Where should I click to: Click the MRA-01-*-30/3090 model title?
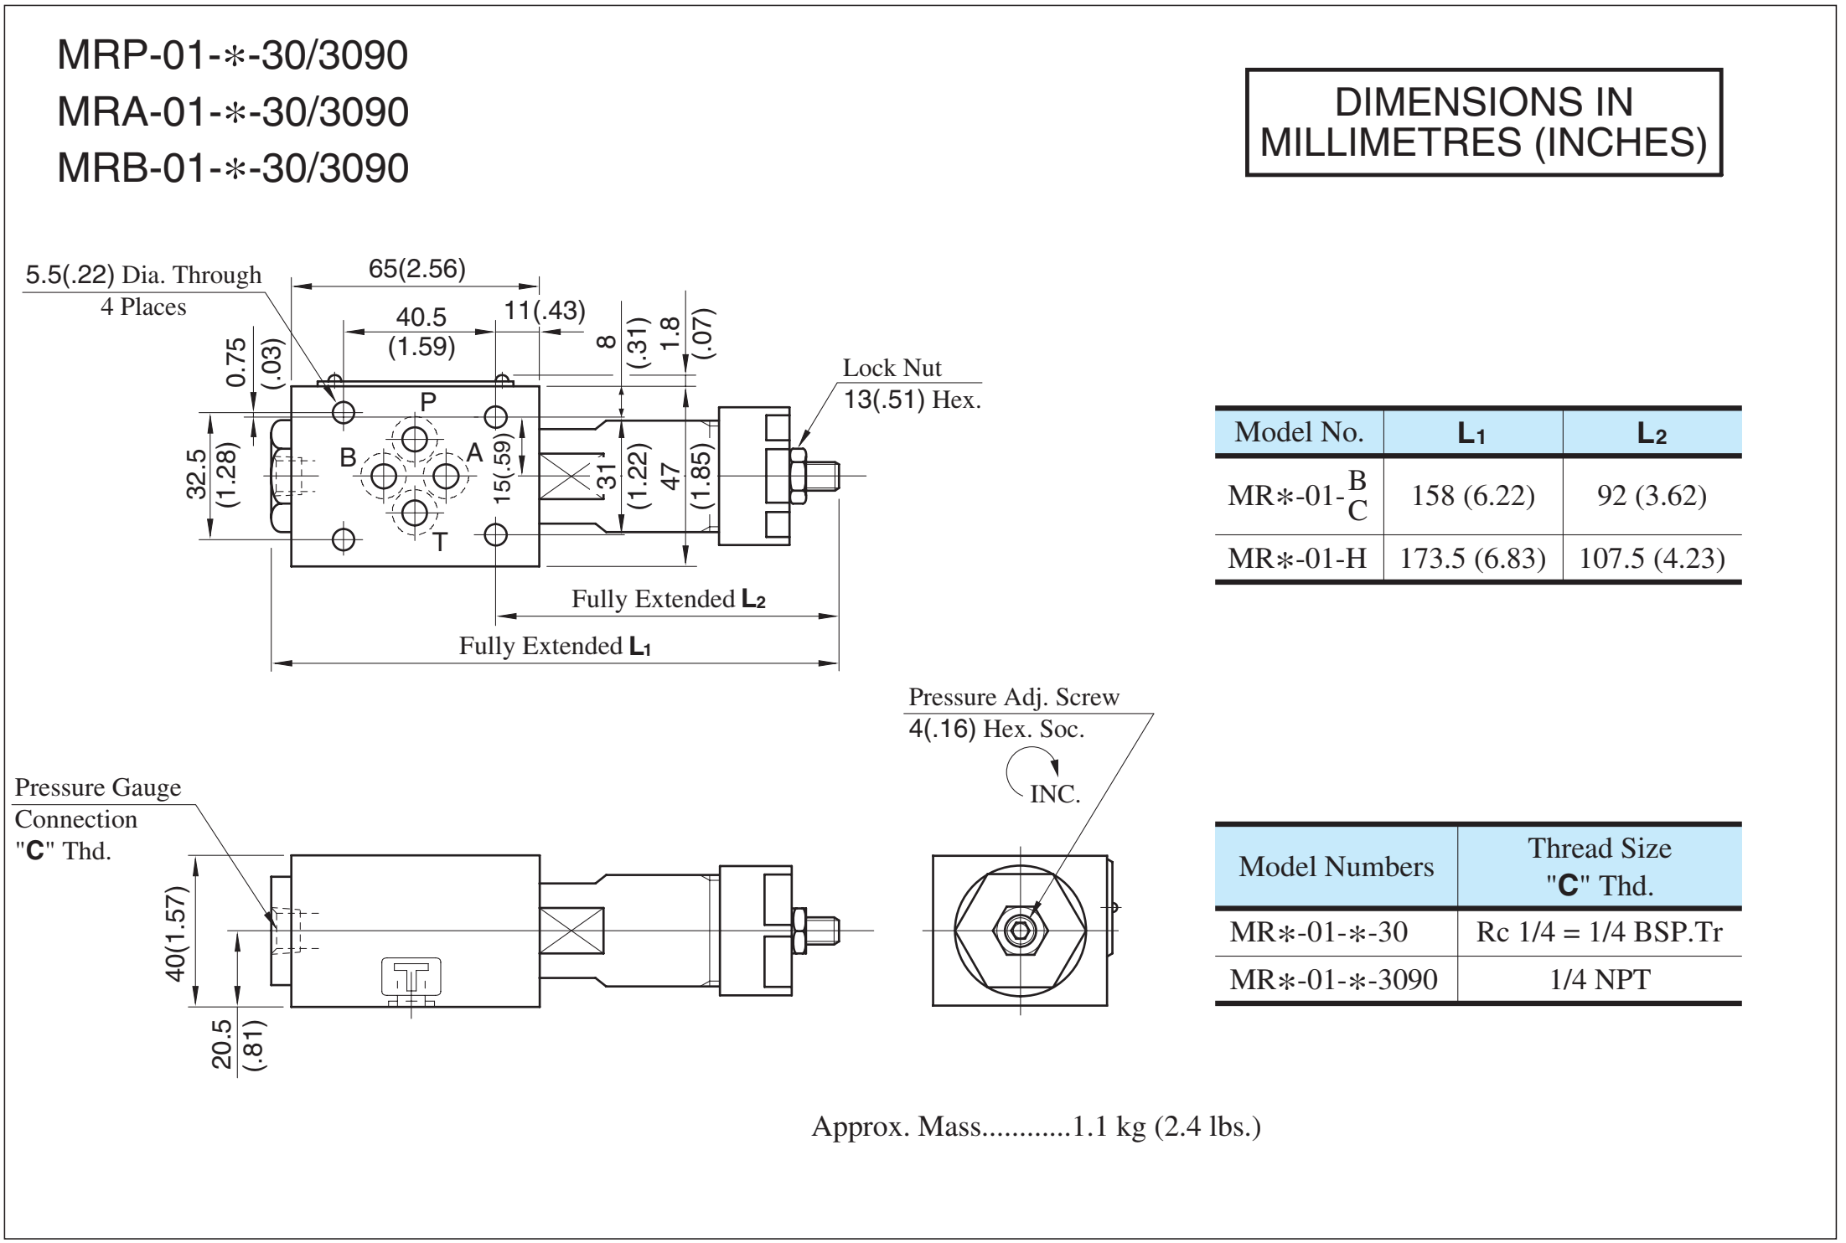coord(233,111)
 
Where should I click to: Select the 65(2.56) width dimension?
coord(417,268)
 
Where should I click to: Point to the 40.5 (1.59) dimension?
coord(421,332)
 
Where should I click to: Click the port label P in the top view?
coord(428,401)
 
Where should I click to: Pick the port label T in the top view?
coord(441,542)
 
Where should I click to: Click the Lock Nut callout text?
coord(892,368)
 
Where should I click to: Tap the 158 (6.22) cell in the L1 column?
coord(1473,495)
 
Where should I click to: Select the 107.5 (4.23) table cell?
coord(1652,558)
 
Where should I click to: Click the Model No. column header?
coord(1299,432)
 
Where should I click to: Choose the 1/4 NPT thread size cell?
coord(1600,979)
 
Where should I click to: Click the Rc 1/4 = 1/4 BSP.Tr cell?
coord(1600,931)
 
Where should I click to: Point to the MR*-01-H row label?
coord(1297,558)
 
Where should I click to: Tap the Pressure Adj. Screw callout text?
coord(1014,697)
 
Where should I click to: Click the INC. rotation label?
coord(1055,794)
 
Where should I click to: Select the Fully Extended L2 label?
coord(669,599)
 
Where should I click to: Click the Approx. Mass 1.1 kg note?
coord(1036,1127)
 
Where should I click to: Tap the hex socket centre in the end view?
coord(1020,930)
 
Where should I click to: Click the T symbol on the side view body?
coord(411,977)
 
